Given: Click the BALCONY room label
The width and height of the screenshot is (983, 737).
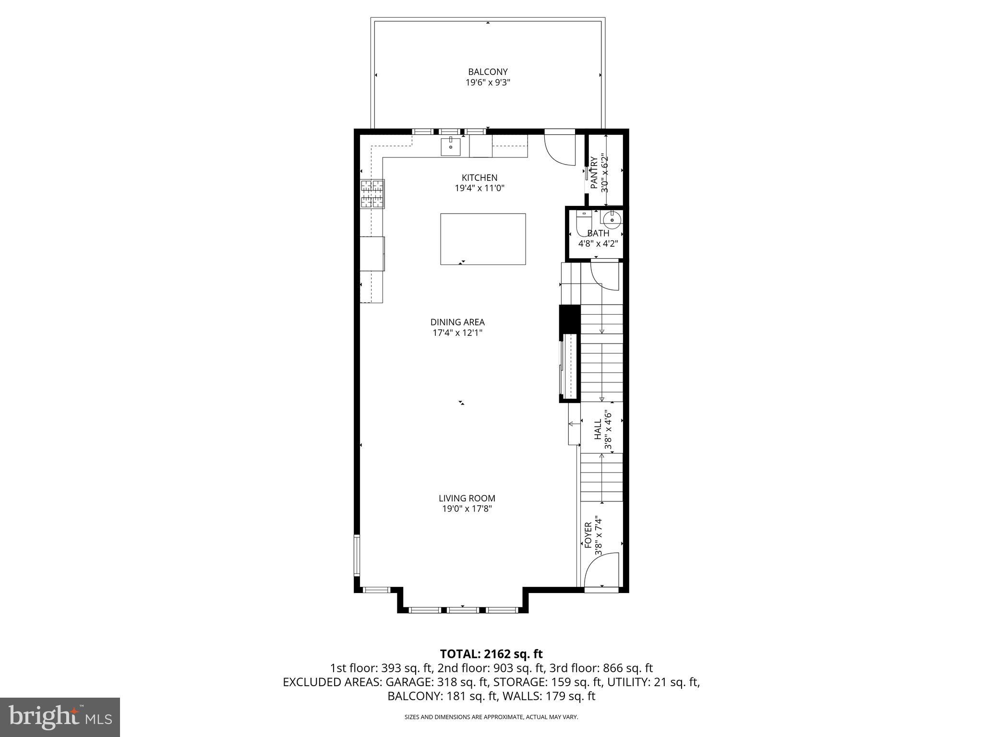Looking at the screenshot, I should click(x=488, y=72).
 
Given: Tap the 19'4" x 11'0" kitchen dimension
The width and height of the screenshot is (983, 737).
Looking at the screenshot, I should click(x=480, y=189).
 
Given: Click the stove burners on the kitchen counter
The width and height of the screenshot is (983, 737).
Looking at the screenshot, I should click(x=372, y=194).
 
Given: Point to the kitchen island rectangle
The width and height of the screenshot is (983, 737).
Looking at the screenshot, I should click(x=483, y=239).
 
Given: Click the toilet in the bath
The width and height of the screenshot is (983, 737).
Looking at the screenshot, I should click(x=584, y=223).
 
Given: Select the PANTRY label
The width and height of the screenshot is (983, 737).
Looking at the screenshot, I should click(x=594, y=172).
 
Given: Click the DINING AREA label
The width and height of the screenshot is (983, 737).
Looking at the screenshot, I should click(x=457, y=322).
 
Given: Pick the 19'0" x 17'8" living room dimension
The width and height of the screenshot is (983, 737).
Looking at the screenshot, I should click(x=467, y=509).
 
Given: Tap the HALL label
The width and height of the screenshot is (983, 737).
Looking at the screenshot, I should click(x=598, y=429).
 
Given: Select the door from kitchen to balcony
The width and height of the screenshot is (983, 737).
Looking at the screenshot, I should click(x=559, y=150).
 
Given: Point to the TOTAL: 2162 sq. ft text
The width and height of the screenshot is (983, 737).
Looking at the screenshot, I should click(x=491, y=654).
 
